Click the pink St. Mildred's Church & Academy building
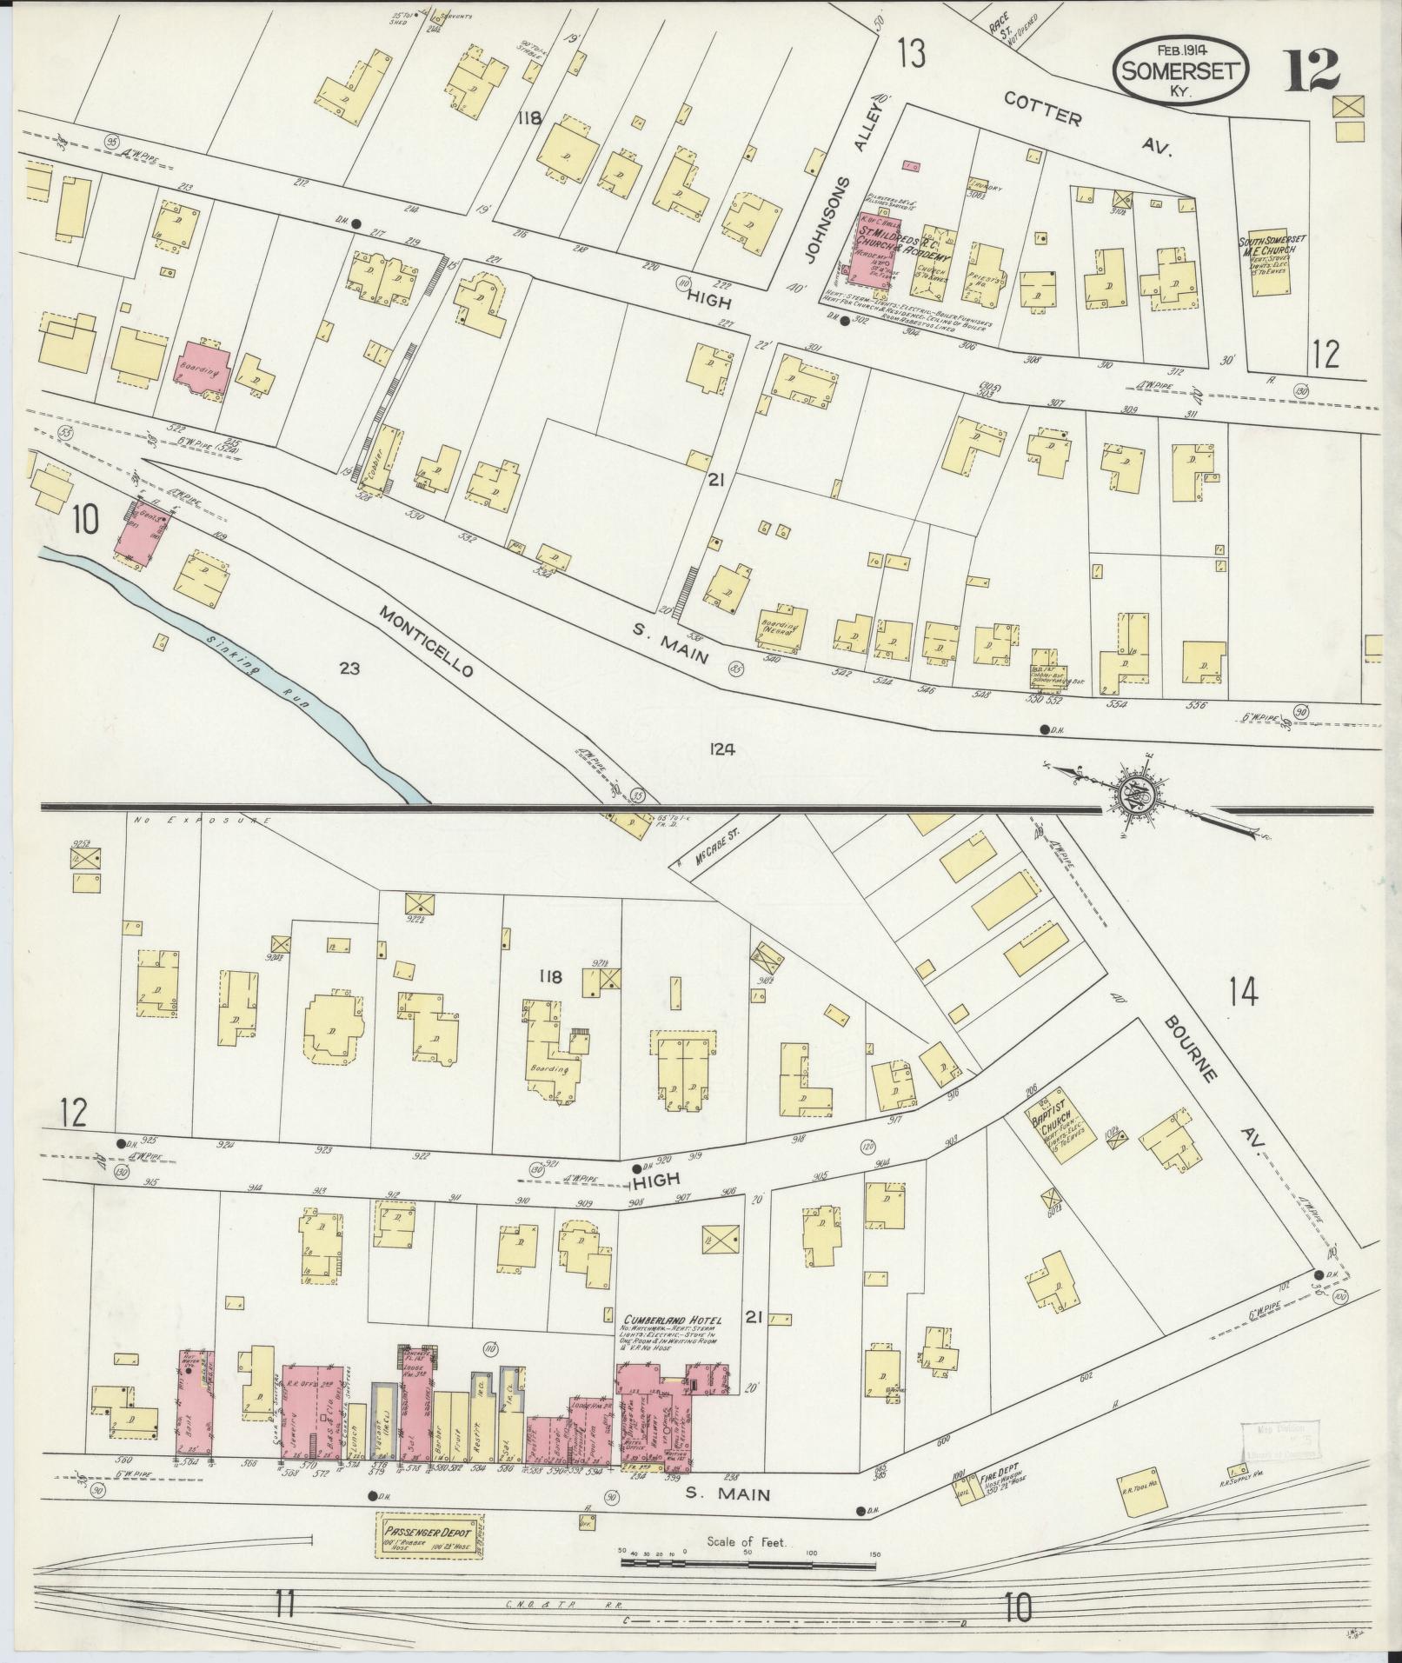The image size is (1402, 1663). tap(880, 253)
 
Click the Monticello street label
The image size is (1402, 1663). tap(425, 641)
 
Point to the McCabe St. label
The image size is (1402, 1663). tap(714, 850)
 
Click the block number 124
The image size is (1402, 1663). tap(721, 749)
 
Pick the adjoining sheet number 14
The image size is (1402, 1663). tap(1243, 991)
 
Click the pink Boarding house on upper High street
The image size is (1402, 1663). tap(204, 368)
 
